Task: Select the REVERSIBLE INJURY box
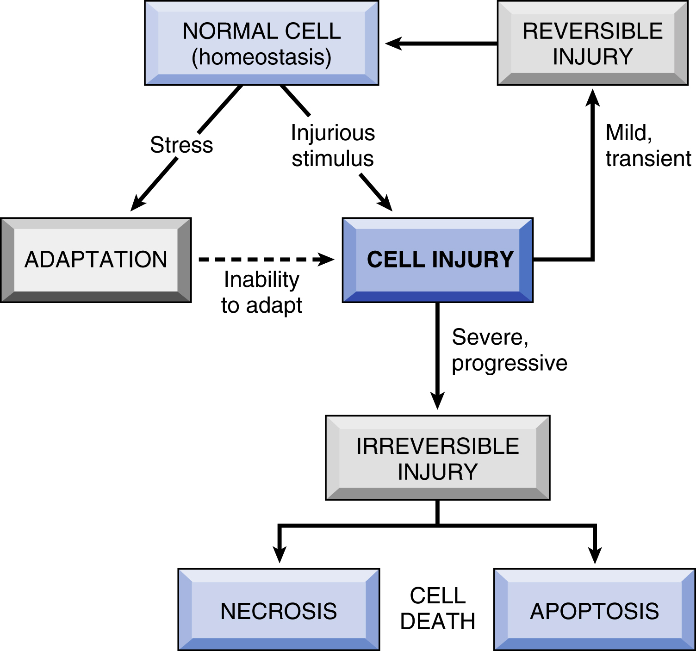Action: tap(592, 43)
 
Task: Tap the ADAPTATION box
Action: tap(96, 260)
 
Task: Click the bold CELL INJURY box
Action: tap(437, 260)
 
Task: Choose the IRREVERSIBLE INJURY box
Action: tap(437, 458)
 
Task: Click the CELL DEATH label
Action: tap(437, 608)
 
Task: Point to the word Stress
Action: tap(181, 145)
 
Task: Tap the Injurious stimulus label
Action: tap(333, 146)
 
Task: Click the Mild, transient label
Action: tap(648, 146)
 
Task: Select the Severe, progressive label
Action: tap(509, 350)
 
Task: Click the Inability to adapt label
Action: tap(261, 292)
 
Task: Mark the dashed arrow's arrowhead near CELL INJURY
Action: tap(326, 260)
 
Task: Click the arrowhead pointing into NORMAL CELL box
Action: tap(393, 44)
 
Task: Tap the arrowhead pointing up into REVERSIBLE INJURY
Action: tap(592, 97)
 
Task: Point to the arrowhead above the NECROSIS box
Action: tap(279, 554)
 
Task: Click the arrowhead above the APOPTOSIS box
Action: tap(595, 554)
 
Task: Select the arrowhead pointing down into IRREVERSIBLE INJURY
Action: tap(437, 401)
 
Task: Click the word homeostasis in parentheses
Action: tap(261, 57)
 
